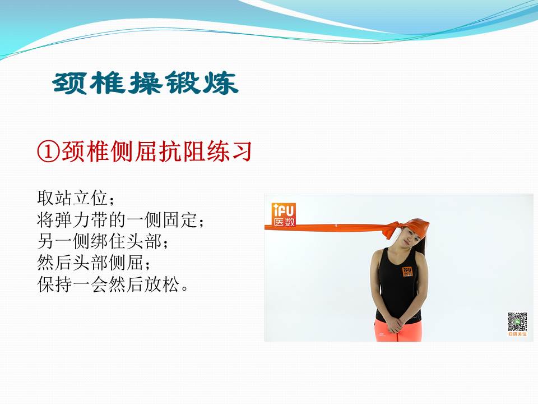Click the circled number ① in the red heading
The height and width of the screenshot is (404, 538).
[48, 151]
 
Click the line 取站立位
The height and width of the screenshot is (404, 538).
[73, 198]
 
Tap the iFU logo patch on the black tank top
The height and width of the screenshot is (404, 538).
[408, 272]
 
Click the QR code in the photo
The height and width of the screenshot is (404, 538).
[517, 322]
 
